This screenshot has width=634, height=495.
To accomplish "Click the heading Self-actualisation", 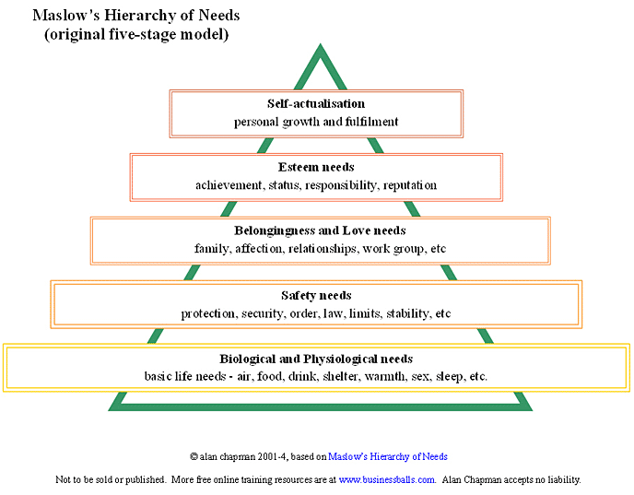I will click(x=315, y=104).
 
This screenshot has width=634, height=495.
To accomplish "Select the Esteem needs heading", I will click(x=316, y=168).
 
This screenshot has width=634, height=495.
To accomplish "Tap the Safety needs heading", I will click(x=316, y=296).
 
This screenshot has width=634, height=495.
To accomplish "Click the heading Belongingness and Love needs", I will click(x=315, y=230).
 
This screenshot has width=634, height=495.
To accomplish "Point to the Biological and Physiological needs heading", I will click(x=316, y=359).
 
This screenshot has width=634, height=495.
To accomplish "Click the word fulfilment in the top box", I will click(x=369, y=122).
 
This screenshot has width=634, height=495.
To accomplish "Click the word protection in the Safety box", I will click(x=208, y=313).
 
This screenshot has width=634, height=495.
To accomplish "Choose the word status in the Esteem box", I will click(x=284, y=185).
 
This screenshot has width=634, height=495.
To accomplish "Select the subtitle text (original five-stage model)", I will click(x=136, y=34).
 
